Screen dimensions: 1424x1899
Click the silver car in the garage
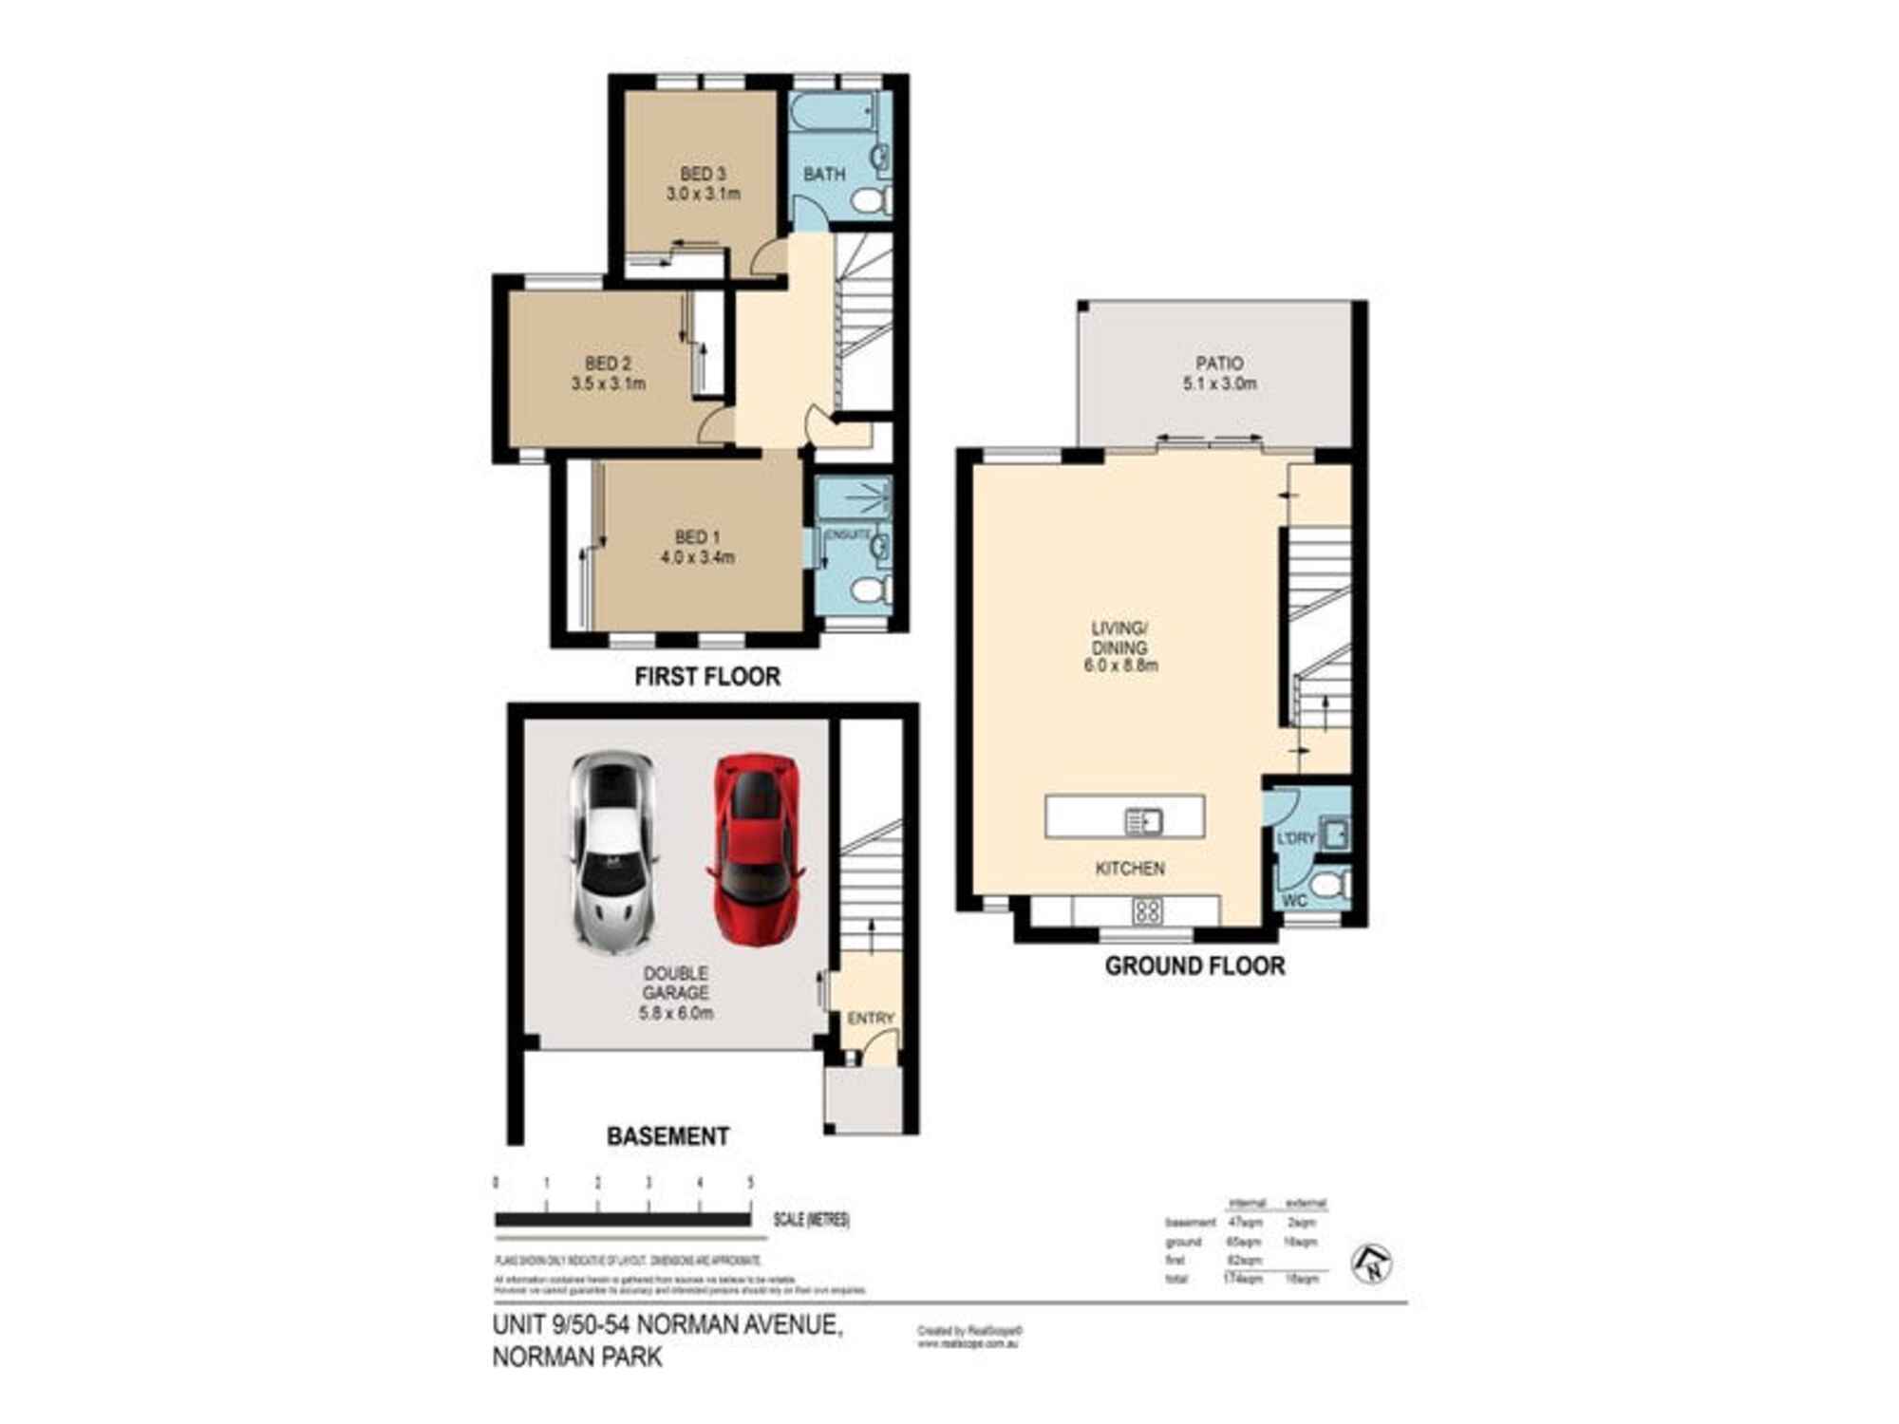[x=613, y=852]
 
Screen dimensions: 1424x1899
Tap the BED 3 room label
[x=703, y=174]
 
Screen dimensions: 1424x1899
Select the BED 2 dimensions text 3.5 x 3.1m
[x=609, y=384]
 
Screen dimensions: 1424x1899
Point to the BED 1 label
[x=698, y=537]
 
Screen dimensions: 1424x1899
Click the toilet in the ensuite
[x=870, y=590]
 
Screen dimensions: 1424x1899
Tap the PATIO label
[x=1219, y=363]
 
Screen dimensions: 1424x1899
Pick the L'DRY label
[x=1296, y=838]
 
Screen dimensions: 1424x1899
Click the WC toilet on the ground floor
[x=1333, y=886]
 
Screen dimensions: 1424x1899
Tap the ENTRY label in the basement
[x=871, y=1018]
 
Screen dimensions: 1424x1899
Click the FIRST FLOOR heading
[x=707, y=677]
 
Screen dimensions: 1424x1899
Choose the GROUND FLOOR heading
[x=1194, y=966]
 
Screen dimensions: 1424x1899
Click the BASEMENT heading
[x=668, y=1135]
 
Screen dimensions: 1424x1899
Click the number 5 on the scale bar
[x=750, y=1183]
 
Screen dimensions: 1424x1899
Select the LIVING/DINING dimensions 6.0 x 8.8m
[x=1120, y=665]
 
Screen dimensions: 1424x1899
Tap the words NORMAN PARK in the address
[x=577, y=1357]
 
